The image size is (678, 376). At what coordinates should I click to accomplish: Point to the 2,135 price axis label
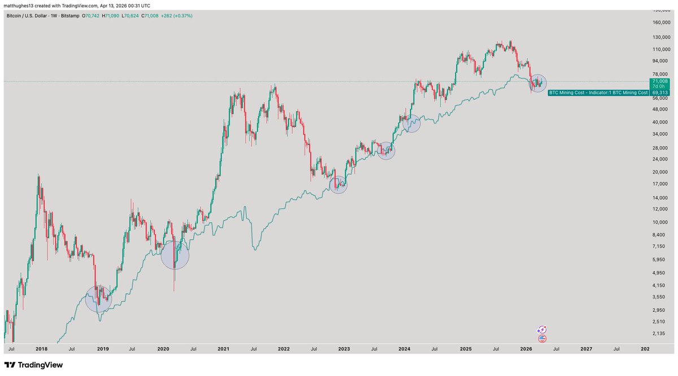(657, 334)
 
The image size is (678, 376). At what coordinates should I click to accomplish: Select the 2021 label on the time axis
(223, 349)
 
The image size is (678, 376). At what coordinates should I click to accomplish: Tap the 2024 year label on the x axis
(405, 349)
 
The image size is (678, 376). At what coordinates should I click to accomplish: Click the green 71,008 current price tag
(659, 81)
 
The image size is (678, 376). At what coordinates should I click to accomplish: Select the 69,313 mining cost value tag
(659, 92)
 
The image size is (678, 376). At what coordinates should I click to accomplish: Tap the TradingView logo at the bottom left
(34, 365)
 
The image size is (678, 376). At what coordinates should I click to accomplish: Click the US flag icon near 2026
(542, 339)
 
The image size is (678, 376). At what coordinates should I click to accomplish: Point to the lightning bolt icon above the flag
(542, 329)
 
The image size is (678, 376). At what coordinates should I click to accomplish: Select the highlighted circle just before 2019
(98, 299)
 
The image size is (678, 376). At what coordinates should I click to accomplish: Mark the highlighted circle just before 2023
(338, 185)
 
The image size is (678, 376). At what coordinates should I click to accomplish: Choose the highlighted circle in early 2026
(538, 84)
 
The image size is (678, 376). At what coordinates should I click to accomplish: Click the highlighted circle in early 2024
(412, 123)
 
